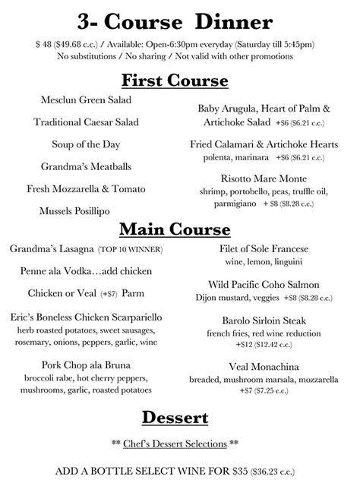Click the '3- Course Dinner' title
pyautogui.click(x=180, y=19)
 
